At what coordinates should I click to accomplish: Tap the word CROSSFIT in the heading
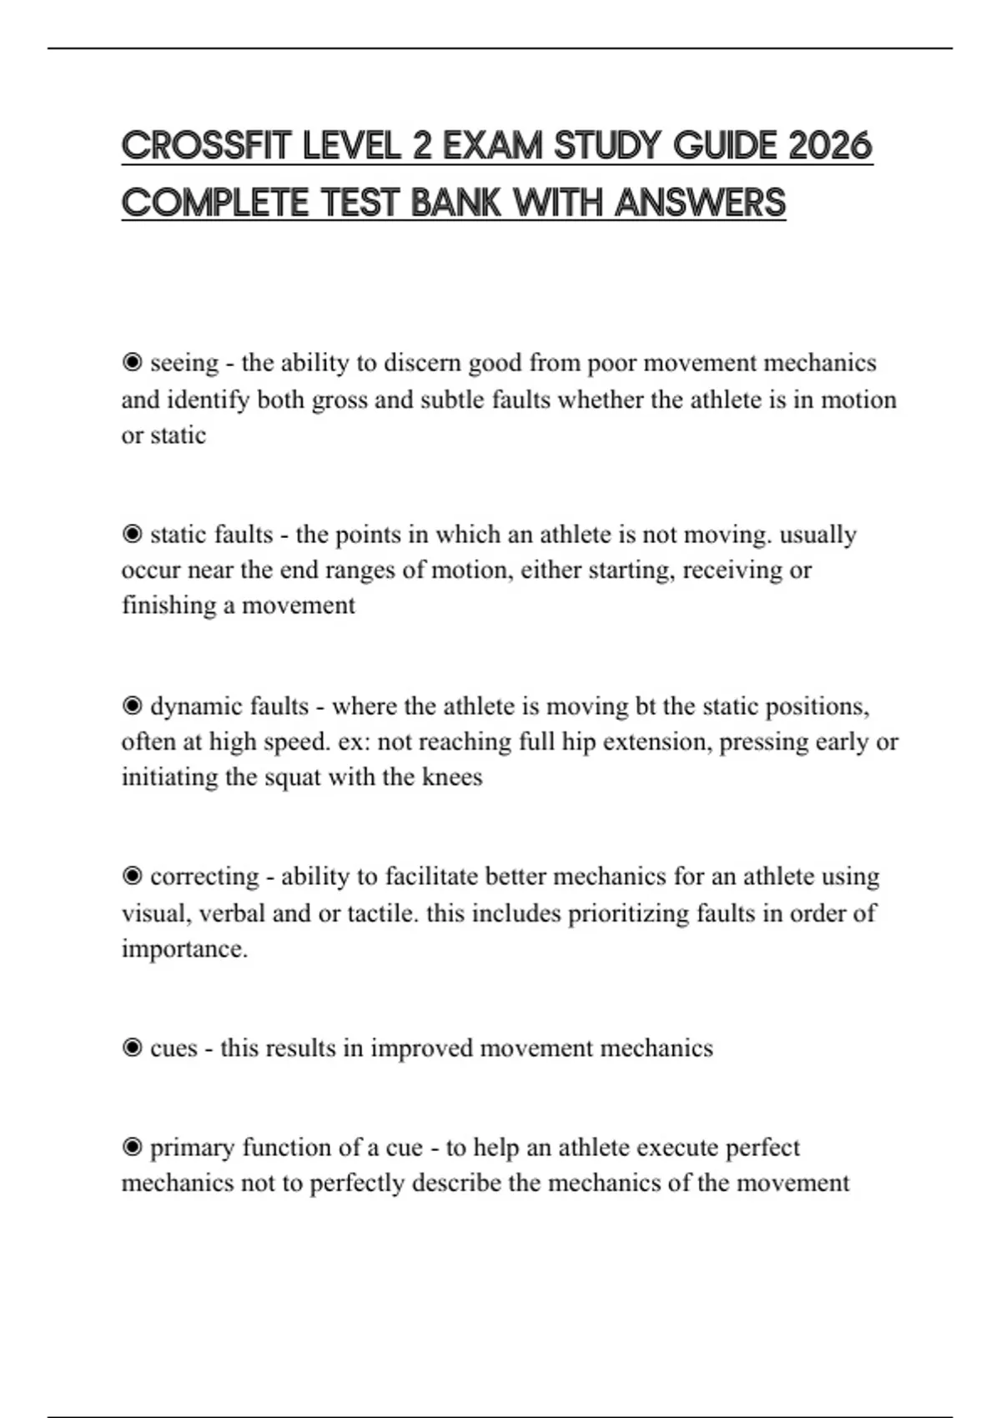coord(205,147)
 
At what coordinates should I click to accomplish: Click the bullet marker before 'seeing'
coord(132,363)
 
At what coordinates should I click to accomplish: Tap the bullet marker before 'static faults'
coord(132,534)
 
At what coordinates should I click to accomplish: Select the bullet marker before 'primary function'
coord(132,1148)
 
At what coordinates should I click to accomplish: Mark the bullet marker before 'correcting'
coord(132,877)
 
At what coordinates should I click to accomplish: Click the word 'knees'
coord(452,777)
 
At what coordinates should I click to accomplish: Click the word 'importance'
coord(184,949)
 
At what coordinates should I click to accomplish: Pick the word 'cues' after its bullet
coord(174,1048)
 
